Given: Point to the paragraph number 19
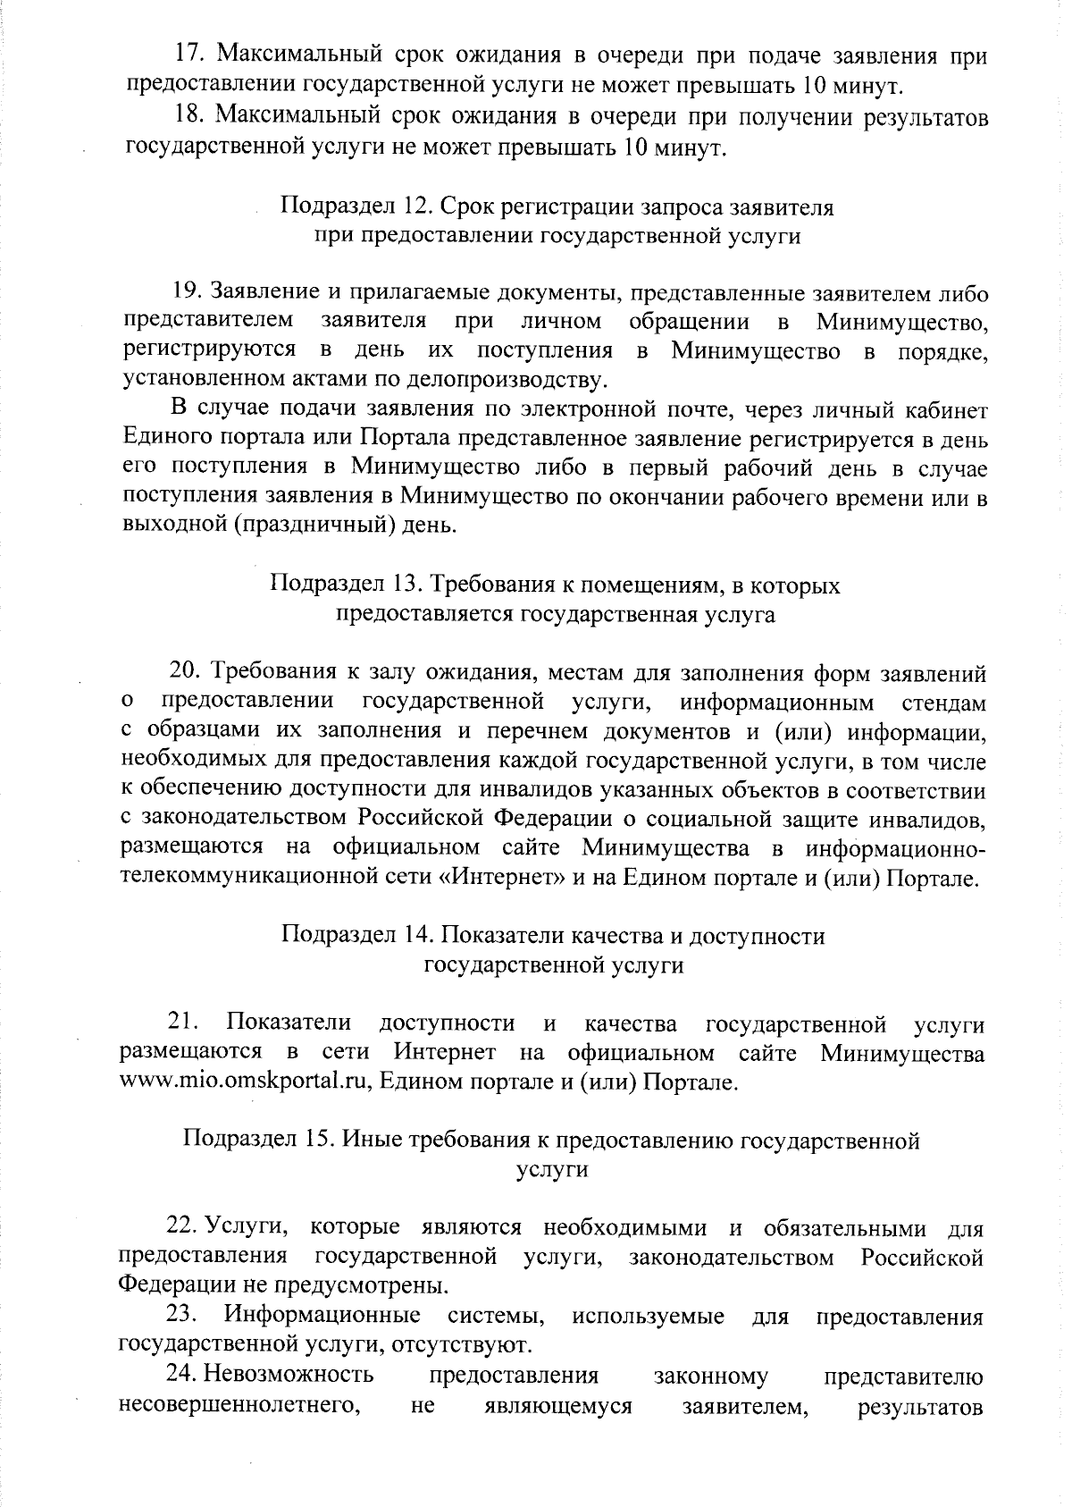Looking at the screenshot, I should [x=189, y=292].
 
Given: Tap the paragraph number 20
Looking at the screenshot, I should [x=188, y=671].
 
